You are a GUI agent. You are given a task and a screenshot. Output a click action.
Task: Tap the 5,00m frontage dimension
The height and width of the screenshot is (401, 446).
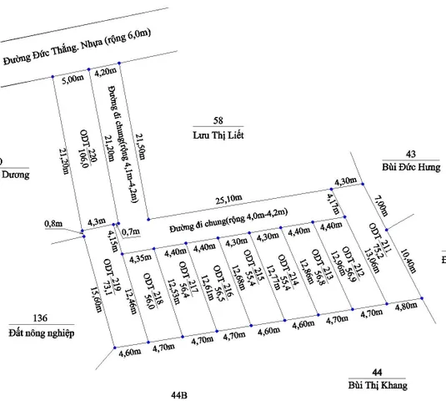pos(73,79)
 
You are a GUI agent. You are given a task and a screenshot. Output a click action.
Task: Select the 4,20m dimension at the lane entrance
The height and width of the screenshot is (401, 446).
pos(106,72)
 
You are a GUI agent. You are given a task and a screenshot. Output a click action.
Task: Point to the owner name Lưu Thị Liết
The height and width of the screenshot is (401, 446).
pos(218,135)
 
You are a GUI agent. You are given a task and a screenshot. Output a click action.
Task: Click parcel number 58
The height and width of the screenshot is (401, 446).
pos(218,120)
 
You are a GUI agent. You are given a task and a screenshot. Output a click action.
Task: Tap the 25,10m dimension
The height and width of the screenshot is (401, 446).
pos(229,199)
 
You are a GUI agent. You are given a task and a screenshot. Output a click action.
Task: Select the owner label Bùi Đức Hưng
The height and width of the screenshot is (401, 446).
pos(411,167)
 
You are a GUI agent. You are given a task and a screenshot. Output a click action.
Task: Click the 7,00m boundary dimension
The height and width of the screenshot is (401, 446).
pos(381,206)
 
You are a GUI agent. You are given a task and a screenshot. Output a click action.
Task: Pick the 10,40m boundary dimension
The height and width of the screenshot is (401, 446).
pos(408,261)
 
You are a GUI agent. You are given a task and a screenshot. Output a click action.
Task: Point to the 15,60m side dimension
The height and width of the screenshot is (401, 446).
pos(96,300)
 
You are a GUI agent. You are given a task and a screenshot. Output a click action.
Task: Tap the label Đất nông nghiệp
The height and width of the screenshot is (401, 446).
pos(42,332)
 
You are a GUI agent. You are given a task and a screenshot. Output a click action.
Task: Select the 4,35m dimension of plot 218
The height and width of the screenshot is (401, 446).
pos(141,259)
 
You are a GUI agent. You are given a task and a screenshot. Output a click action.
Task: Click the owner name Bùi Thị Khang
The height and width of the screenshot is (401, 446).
pos(378,385)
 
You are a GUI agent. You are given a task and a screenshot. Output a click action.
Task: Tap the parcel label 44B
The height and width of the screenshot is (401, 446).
pos(179,395)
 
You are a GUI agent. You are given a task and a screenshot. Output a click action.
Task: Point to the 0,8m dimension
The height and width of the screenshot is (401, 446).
pos(53,224)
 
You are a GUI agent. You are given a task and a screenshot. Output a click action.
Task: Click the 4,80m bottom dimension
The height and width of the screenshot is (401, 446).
pos(406,307)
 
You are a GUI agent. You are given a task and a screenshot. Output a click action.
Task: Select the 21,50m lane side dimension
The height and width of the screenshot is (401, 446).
pos(140,146)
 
